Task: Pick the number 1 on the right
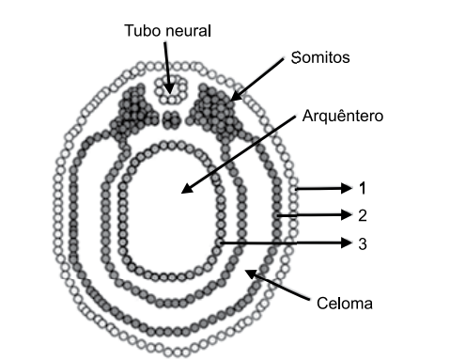pos(362,187)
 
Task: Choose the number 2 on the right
pos(362,215)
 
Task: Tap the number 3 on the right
pos(362,243)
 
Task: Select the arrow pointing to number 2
pos(316,216)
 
